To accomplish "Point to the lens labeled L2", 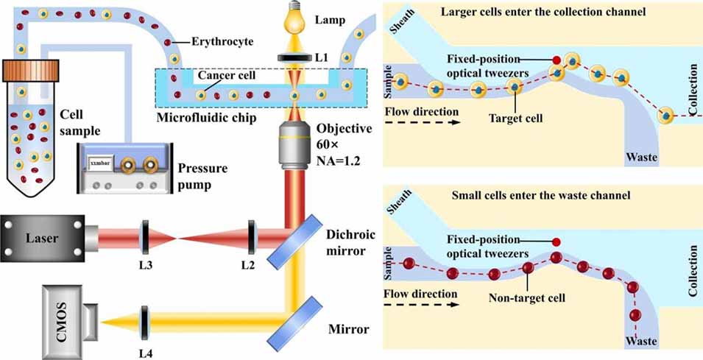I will (251, 239).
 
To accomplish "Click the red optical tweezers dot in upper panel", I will (557, 60).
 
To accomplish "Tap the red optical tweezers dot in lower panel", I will (557, 241).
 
